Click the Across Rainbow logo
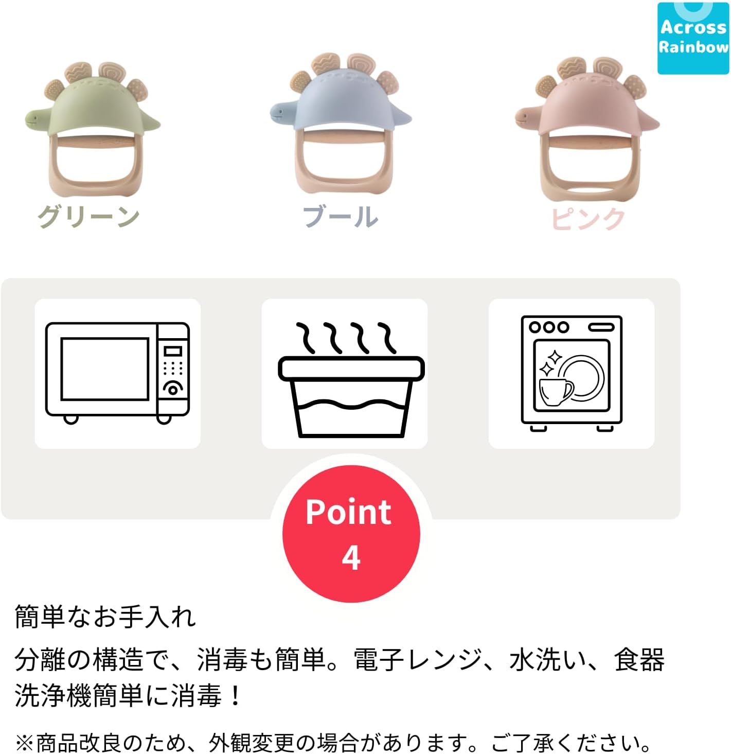(x=693, y=38)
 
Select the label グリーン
(x=88, y=217)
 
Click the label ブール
(x=340, y=217)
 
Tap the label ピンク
(x=588, y=219)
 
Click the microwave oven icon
(x=117, y=373)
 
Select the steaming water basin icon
(x=351, y=380)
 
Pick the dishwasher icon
(x=572, y=374)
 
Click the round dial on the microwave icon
(x=173, y=390)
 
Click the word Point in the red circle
(x=348, y=513)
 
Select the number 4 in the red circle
(x=351, y=558)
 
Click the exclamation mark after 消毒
(x=235, y=695)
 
